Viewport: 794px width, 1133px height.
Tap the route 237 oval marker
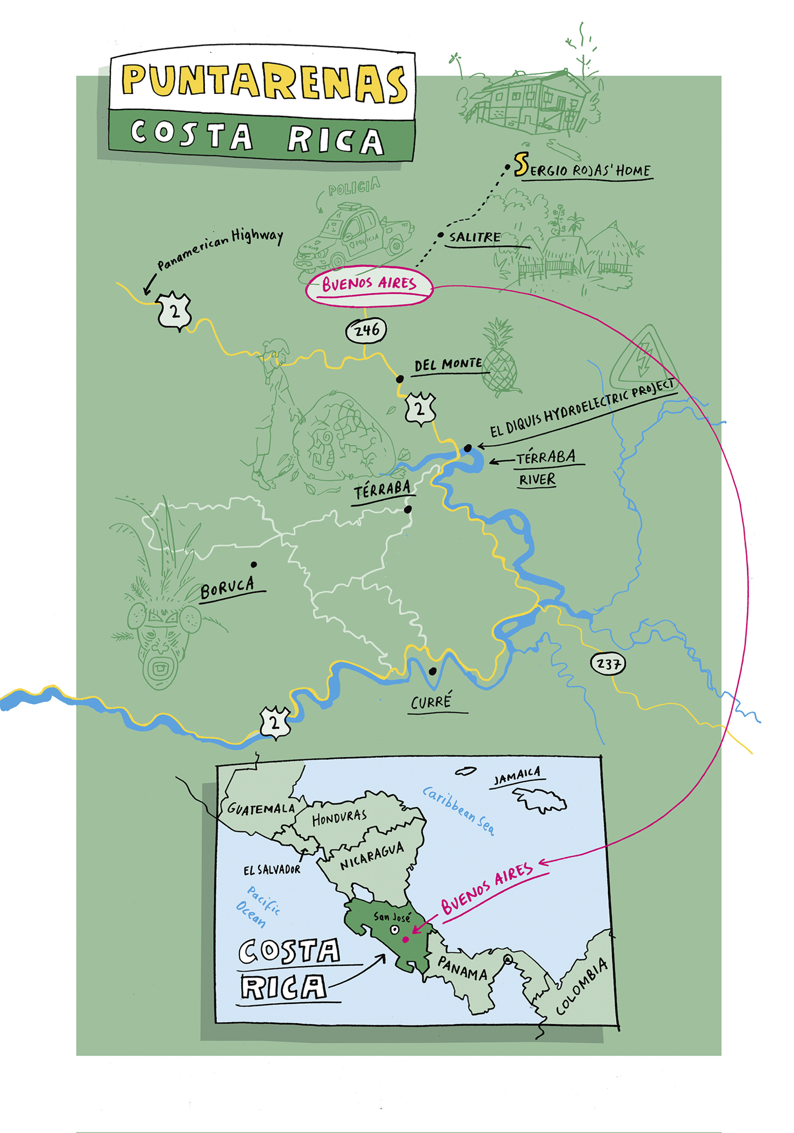point(608,664)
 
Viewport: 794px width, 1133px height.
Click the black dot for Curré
point(432,671)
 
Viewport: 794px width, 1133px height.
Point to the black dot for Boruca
point(253,565)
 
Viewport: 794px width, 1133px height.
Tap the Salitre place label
point(474,237)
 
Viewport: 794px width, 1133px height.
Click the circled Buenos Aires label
point(369,285)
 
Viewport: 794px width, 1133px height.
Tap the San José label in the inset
point(391,916)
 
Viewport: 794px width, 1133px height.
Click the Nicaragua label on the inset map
point(372,857)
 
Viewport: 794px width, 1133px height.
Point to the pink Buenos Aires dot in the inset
point(405,939)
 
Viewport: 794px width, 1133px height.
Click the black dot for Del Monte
point(400,379)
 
